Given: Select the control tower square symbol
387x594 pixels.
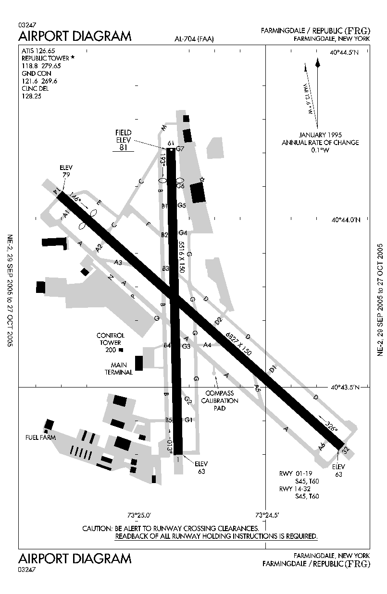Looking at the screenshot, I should [121, 350].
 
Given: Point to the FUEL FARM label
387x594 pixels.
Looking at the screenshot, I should [40, 437].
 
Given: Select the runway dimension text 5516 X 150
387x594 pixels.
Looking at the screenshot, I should [181, 258].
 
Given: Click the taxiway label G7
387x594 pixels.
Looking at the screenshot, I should [180, 148].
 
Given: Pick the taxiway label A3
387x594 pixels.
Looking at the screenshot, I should [118, 262].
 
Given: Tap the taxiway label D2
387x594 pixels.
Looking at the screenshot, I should [219, 320].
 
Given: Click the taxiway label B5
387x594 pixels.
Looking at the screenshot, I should [169, 420].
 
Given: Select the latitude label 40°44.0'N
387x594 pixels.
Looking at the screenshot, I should [345, 220].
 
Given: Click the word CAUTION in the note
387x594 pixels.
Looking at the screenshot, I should [98, 528].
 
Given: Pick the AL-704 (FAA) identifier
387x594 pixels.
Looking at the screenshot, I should [194, 39].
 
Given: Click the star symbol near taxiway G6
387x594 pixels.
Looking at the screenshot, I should [202, 180].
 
